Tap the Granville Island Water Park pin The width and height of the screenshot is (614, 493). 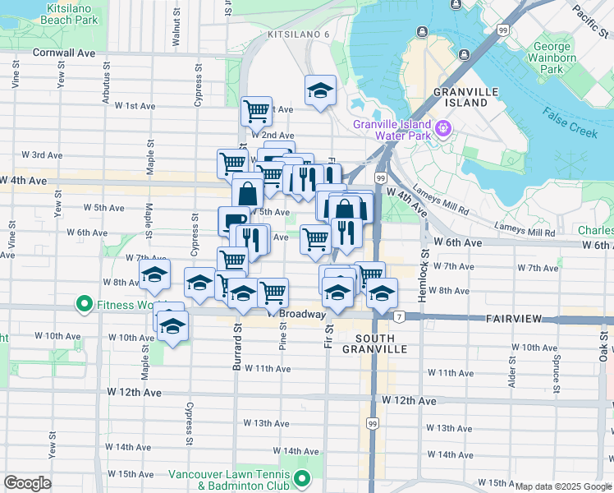point(444,128)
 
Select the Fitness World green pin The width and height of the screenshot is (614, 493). point(84,305)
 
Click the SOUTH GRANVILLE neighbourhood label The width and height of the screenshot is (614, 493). point(381,343)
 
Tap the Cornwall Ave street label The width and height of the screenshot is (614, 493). point(64,52)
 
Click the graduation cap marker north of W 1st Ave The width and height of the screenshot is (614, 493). point(320,90)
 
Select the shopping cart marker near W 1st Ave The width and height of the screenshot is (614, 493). point(256,109)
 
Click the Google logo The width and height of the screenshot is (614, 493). point(27,483)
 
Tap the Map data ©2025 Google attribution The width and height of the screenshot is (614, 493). point(564,486)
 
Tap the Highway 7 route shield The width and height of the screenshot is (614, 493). point(398,317)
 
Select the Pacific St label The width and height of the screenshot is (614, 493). point(589,16)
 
